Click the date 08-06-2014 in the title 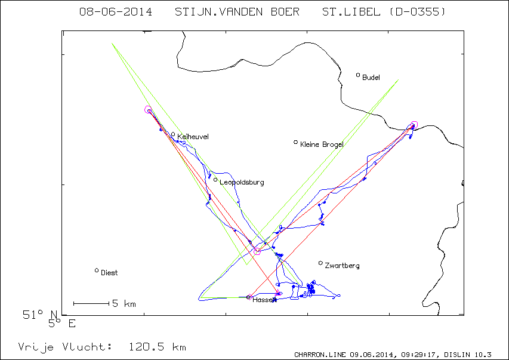coord(116,12)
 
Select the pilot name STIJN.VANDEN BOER coord(237,12)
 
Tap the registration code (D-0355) coord(417,12)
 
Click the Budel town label coord(371,78)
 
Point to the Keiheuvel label coord(193,137)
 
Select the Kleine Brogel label coord(322,144)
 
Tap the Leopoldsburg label coord(242,182)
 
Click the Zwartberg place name coord(342,266)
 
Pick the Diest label coord(109,273)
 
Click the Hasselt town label coord(264,300)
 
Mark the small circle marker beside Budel coord(358,75)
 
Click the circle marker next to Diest coord(97,270)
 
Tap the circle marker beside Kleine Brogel coord(296,142)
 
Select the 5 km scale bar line coord(91,304)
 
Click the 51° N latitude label coord(40,315)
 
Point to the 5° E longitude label coord(61,324)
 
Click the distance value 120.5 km coord(158,347)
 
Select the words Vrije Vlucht coord(65,347)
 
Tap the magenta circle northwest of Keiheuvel coord(148,109)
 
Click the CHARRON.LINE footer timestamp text coord(393,355)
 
